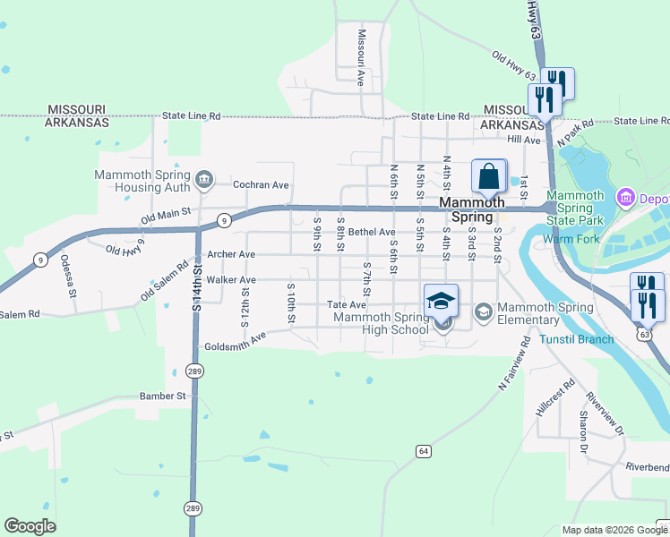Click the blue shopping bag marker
489,175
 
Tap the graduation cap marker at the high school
441,302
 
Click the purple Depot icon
626,196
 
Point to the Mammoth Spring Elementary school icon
484,311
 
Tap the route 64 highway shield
424,450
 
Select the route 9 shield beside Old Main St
225,219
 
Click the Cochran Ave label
261,185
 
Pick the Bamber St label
162,396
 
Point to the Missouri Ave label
361,57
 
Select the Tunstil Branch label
577,339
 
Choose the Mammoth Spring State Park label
575,208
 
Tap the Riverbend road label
647,467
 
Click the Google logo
30,526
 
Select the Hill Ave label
524,141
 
